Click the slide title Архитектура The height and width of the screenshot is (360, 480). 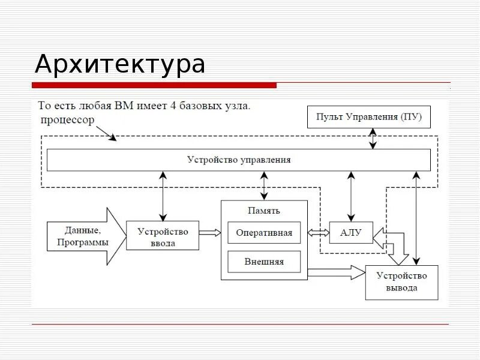(120, 64)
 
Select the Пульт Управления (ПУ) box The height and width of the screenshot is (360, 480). (369, 117)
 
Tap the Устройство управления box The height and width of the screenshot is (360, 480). (239, 160)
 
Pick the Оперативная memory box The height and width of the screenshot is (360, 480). (264, 233)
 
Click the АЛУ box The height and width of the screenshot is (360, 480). (351, 233)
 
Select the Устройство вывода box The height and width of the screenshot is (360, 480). (401, 282)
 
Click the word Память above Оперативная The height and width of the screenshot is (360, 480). (264, 211)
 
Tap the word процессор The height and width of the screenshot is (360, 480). (68, 120)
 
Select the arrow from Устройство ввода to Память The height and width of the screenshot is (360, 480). (209, 233)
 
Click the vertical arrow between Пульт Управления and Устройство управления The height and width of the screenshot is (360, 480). (373, 138)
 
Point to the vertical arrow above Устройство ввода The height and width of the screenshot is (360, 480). (163, 196)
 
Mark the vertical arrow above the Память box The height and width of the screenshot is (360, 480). (264, 186)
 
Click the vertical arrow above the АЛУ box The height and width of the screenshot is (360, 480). (351, 196)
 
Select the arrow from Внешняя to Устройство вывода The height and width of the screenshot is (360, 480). (336, 274)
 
